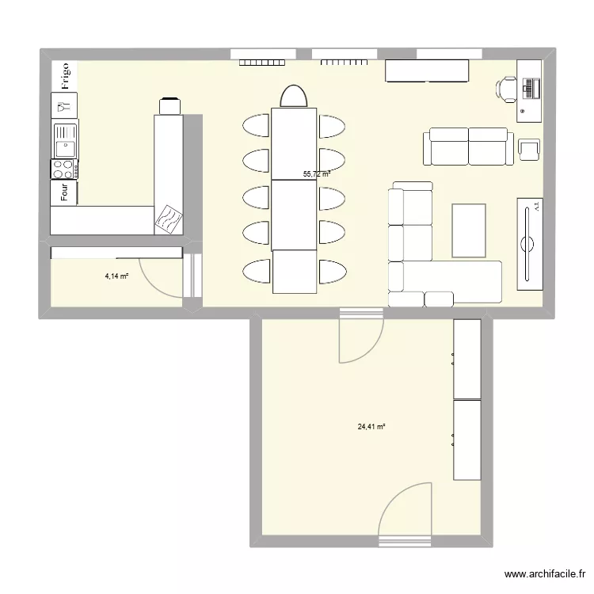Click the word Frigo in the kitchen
(x=64, y=75)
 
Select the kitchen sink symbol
(x=64, y=139)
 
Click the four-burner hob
(x=64, y=168)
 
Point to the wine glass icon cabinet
(x=64, y=104)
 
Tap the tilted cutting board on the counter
(x=169, y=219)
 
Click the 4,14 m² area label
(x=116, y=276)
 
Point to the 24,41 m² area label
(x=371, y=426)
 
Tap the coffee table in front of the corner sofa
(x=469, y=230)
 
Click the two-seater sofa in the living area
(x=466, y=147)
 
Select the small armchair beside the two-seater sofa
(x=528, y=149)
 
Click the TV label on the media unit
(x=537, y=208)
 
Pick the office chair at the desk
(x=506, y=89)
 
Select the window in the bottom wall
(x=404, y=542)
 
